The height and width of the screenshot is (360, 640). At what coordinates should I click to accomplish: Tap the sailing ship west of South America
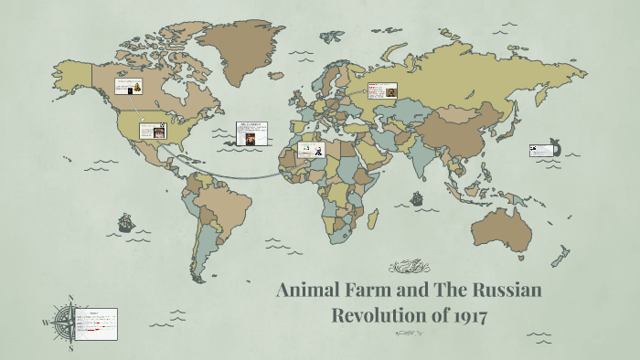tap(124, 222)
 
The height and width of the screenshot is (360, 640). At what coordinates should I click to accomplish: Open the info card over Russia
tap(381, 90)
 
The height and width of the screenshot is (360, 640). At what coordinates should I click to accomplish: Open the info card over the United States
tap(153, 130)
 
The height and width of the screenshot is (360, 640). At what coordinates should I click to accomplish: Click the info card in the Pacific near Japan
tap(543, 149)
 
